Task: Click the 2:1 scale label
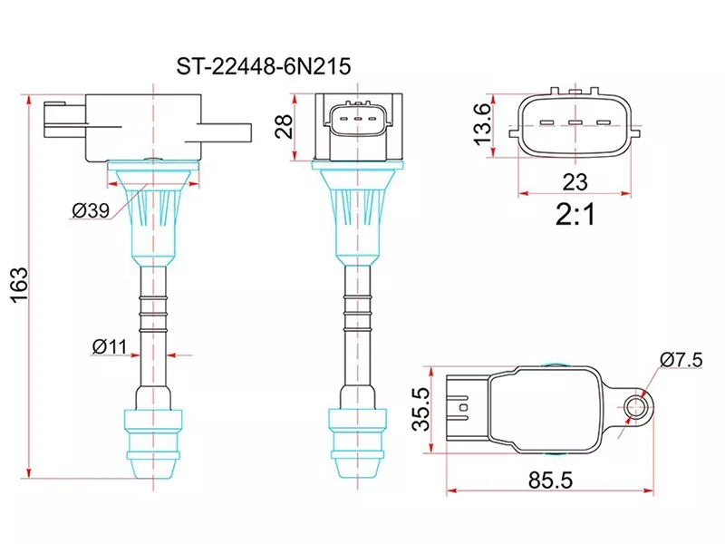(574, 215)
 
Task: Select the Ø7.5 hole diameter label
(681, 359)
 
